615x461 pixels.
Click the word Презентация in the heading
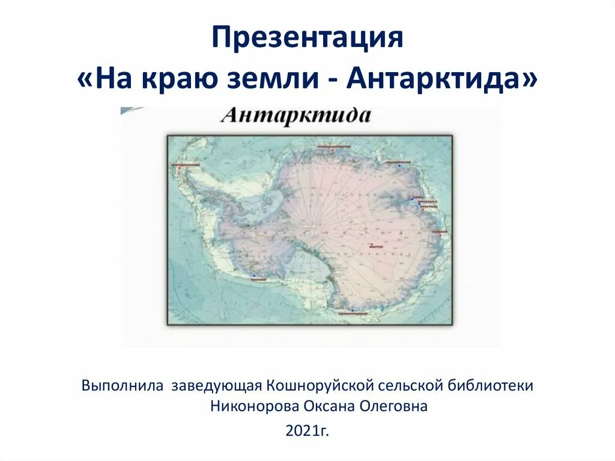tap(307, 39)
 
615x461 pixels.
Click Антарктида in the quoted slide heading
tap(434, 80)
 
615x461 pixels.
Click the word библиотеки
tap(495, 385)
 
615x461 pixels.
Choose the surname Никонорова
tap(252, 406)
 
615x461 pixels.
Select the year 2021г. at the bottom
tap(307, 431)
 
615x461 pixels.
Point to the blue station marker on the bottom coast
tap(353, 310)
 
